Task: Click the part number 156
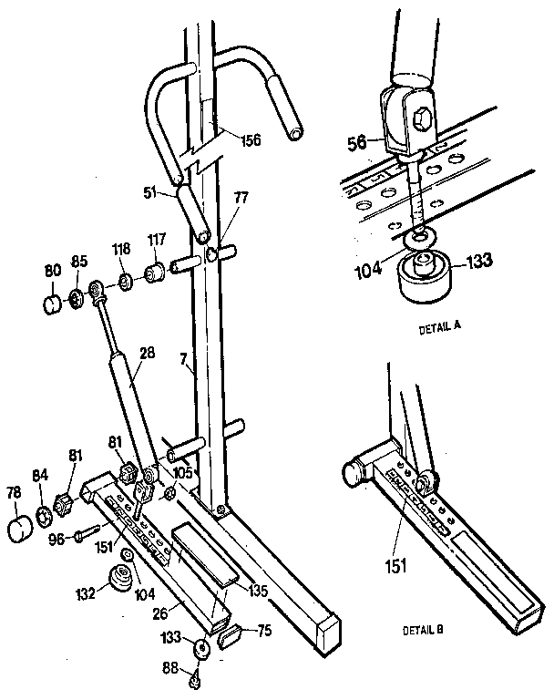pyautogui.click(x=250, y=140)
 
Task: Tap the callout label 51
pyautogui.click(x=150, y=192)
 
